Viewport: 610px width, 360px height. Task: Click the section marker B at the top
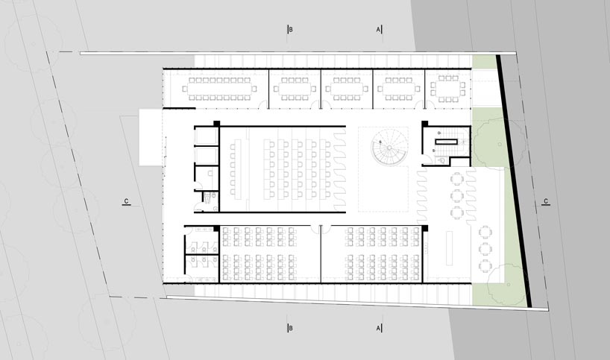291,30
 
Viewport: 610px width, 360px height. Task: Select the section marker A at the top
379,30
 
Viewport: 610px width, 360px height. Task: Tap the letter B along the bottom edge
291,328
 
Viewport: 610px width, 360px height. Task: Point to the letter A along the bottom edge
379,328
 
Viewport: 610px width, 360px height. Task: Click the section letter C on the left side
127,201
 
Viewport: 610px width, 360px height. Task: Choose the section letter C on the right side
547,201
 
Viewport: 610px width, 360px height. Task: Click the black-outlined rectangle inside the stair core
447,140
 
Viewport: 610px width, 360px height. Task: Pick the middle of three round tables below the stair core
456,195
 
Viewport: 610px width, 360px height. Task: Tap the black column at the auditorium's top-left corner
216,123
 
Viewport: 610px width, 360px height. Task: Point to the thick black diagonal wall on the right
515,179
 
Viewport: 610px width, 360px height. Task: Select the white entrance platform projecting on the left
149,138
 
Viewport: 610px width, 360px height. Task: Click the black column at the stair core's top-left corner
424,124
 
